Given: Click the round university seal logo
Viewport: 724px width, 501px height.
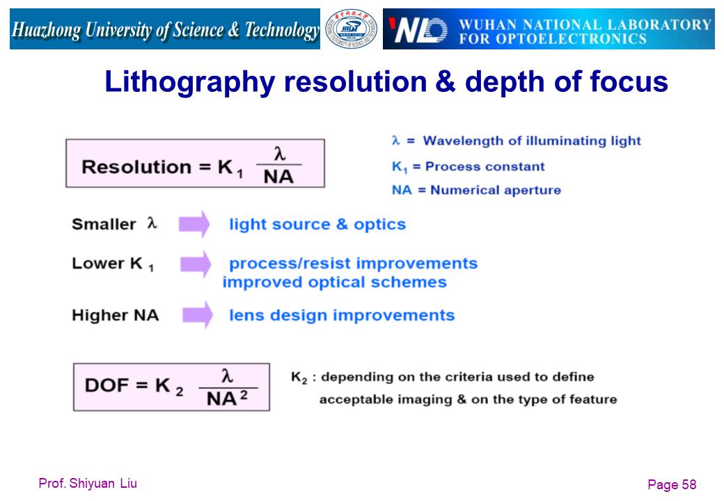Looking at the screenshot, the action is [351, 29].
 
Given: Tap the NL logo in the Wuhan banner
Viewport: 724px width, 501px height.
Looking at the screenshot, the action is [418, 30].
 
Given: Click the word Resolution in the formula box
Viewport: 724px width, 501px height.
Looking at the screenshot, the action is [136, 167].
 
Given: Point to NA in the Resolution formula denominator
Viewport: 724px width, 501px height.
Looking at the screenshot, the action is [278, 177].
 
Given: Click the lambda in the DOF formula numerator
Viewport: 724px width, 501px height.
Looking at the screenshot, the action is [227, 376].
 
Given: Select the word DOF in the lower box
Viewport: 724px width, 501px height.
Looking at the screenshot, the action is [107, 385].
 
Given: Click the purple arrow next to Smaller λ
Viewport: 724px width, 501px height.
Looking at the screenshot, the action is [194, 224].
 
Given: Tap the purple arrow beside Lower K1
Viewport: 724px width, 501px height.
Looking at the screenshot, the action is [196, 264].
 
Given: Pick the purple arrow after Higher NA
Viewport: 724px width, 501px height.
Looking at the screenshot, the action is [198, 315].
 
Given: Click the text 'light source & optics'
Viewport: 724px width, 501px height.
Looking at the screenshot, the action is [317, 224].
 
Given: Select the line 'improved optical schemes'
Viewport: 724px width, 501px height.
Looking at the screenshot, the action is [335, 282].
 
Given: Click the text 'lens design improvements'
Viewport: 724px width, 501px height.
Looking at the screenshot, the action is [342, 315].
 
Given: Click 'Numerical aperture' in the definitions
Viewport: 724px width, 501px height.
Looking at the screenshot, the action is [496, 190].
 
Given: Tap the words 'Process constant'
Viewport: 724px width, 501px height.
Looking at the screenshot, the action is [485, 166].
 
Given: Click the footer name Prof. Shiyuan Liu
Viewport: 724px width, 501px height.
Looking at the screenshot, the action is [88, 484].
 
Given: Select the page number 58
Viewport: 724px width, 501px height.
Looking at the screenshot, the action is [689, 484].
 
